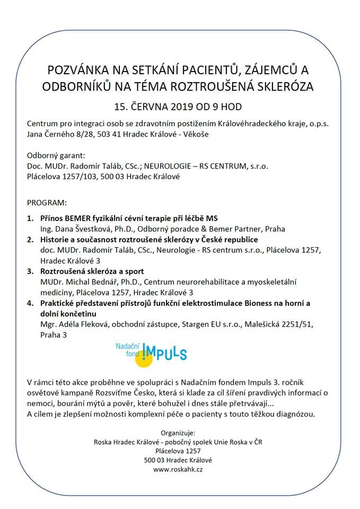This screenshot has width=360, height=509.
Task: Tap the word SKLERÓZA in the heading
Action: (283, 85)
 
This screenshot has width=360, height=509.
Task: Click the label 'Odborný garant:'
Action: (56, 155)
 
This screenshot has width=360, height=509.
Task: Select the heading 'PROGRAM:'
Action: (47, 203)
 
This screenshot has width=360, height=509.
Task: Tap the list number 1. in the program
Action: (30, 218)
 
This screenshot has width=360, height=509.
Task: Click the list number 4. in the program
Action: (30, 303)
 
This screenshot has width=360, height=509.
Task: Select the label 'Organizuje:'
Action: (180, 433)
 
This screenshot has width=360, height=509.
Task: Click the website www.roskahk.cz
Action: (180, 469)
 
